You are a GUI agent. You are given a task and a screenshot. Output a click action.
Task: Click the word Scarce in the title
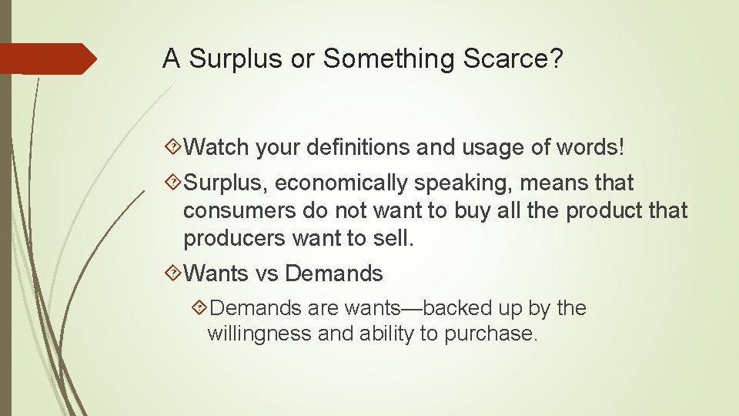click(509, 59)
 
